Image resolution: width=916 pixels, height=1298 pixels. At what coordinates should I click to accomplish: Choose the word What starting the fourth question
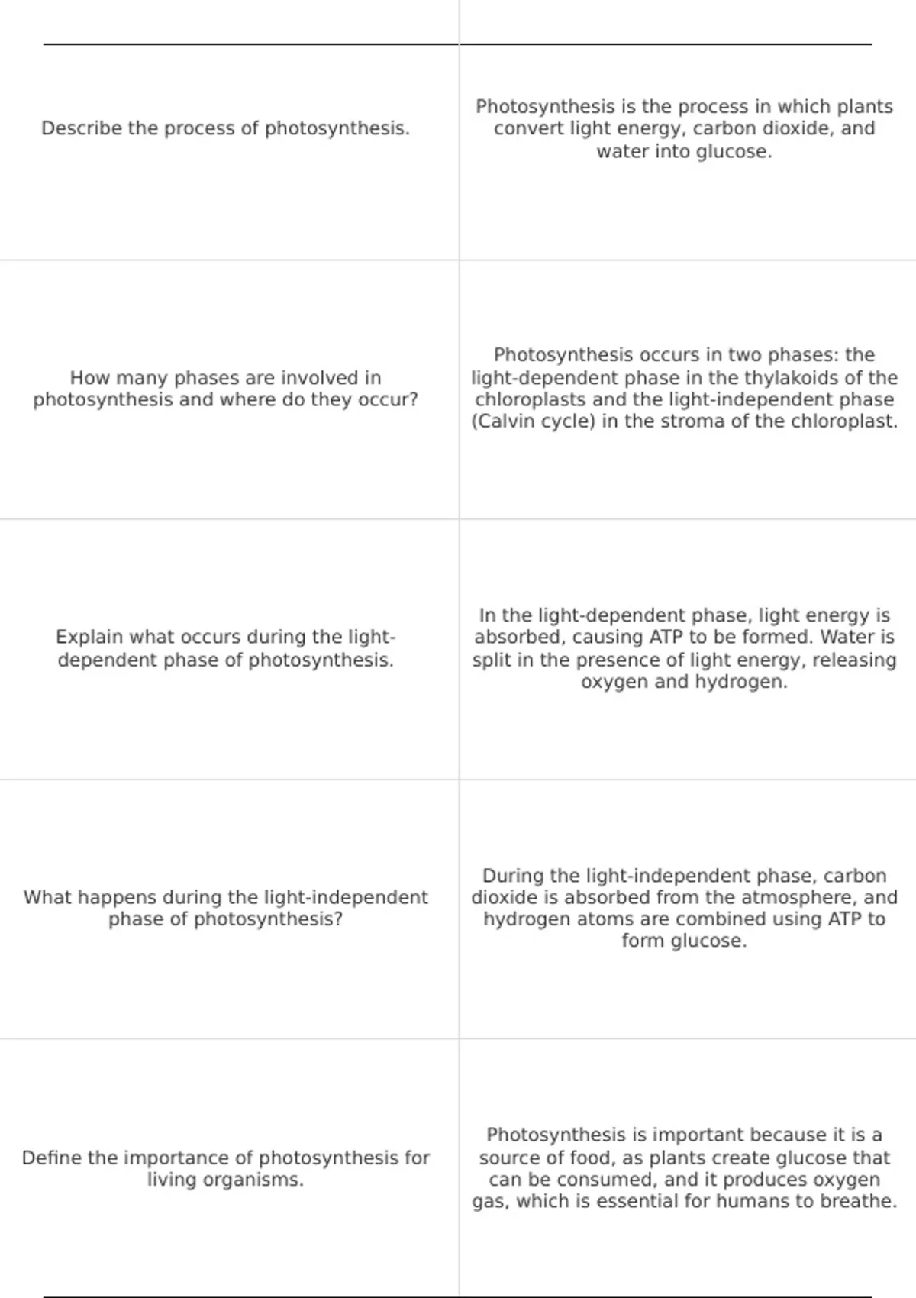[49, 897]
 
